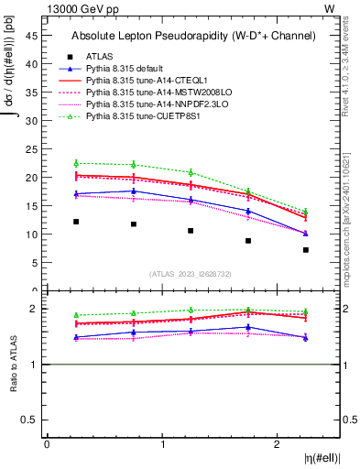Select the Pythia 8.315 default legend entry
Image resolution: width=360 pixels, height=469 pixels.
tap(124, 69)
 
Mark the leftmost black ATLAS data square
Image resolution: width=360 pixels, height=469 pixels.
tap(76, 222)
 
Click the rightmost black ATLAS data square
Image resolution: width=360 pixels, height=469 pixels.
tap(306, 250)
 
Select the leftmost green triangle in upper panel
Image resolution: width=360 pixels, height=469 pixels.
tap(76, 163)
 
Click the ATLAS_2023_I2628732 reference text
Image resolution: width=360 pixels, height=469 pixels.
tap(191, 273)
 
